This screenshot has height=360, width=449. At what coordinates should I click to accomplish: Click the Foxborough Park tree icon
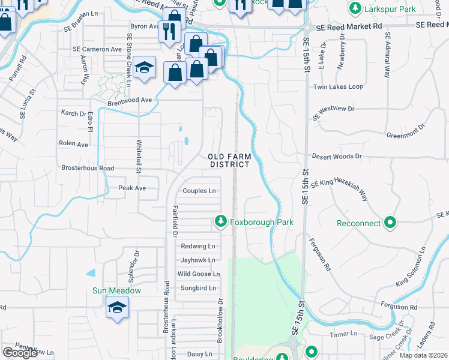[x=221, y=222]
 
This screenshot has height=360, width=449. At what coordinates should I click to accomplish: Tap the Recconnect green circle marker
[x=391, y=223]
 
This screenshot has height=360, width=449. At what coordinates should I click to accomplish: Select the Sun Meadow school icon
[x=117, y=309]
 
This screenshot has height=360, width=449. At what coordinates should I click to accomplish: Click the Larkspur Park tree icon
[x=355, y=8]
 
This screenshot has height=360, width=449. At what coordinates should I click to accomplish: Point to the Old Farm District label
[x=229, y=160]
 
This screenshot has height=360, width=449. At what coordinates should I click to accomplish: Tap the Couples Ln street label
[x=199, y=191]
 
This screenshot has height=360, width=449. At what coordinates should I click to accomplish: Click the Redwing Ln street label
[x=197, y=246]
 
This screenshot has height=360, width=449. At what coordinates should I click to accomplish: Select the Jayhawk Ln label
[x=197, y=260]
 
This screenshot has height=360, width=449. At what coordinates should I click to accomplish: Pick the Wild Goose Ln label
[x=199, y=274]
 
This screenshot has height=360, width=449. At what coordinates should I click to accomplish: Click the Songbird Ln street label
[x=198, y=288]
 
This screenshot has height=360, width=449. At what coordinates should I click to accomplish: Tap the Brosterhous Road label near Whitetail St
[x=88, y=168]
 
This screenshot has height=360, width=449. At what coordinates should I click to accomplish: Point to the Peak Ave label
[x=132, y=188]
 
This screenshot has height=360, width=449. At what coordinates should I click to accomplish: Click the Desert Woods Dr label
[x=337, y=156]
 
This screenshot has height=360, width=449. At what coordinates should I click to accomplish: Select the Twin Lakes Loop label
[x=338, y=87]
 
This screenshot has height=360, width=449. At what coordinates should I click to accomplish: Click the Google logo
[x=20, y=353]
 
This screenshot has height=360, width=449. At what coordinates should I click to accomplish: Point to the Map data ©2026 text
[x=424, y=355]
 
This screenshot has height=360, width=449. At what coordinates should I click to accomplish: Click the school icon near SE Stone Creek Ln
[x=145, y=69]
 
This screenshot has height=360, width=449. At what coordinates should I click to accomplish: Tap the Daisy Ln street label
[x=200, y=354]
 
